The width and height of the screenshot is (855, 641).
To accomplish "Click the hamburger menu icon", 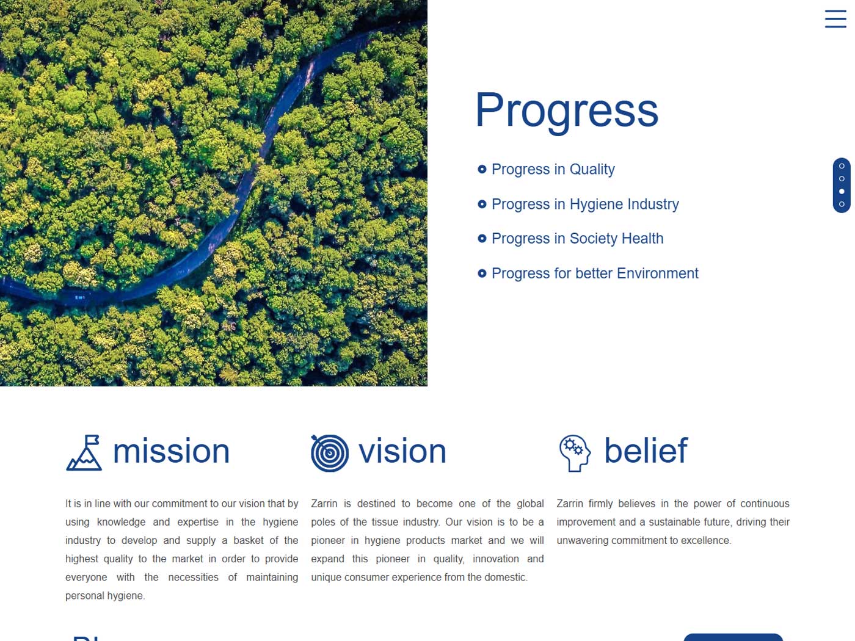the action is [x=835, y=19].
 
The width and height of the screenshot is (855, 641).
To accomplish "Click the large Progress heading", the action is [x=566, y=111].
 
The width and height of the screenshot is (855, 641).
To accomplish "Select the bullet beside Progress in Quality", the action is [x=481, y=169].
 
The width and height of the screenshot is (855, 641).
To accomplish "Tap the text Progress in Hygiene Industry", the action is [x=584, y=205].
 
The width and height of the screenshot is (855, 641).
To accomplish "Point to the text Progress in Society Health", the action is [x=577, y=239].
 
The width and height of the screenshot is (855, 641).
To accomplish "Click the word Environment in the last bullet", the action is [x=658, y=273].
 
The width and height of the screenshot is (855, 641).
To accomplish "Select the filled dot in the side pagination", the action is [x=842, y=192].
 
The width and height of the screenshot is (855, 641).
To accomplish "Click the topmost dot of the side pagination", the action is [x=842, y=166].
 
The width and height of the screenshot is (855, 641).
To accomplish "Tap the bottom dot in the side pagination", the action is [x=842, y=204].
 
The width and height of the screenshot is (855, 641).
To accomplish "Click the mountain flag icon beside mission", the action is [x=84, y=452].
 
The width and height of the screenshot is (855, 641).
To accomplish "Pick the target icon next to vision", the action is [x=329, y=453].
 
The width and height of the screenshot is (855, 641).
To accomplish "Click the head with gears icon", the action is [x=575, y=453].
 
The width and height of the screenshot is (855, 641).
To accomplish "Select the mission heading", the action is [x=171, y=451].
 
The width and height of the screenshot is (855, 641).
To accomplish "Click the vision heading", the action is [x=402, y=451].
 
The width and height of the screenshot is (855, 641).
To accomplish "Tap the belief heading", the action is [x=646, y=451].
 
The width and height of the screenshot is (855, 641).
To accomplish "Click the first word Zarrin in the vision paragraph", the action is [x=324, y=504].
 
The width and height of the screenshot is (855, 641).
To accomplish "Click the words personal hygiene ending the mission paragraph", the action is [x=105, y=596].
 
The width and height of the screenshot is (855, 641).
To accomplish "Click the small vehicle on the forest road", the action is [x=79, y=298].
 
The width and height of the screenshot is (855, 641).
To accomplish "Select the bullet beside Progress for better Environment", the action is [x=481, y=273].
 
